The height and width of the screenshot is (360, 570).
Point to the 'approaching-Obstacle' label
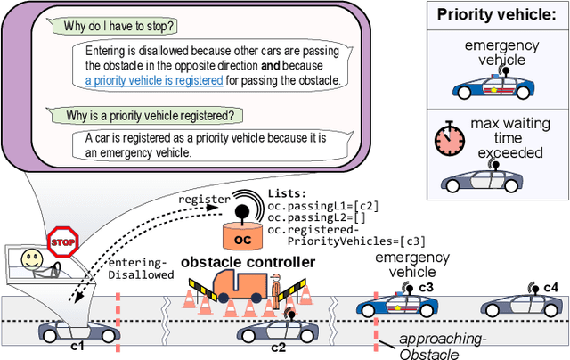pyautogui.click(x=430, y=346)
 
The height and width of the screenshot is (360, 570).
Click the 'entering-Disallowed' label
pyautogui.click(x=140, y=266)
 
